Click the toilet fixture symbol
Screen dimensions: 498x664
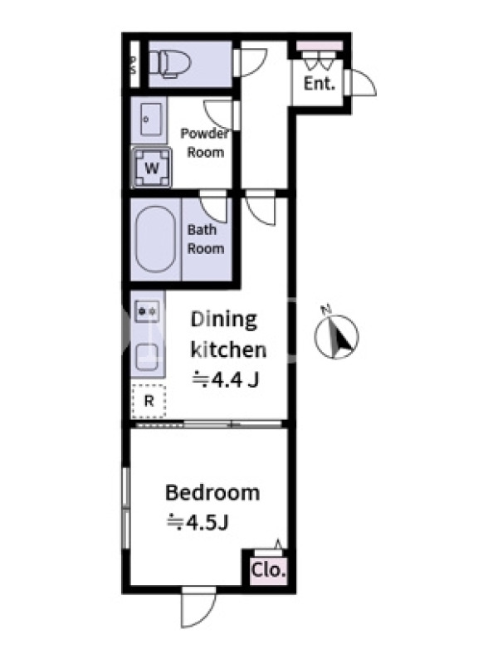(170, 64)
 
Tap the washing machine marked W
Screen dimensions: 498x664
(152, 168)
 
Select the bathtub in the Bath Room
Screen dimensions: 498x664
(155, 239)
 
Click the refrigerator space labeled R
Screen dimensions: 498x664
(149, 401)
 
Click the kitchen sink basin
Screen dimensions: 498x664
(148, 357)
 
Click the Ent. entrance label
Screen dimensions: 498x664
(320, 83)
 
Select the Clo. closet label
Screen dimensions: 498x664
(268, 570)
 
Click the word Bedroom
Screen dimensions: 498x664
(212, 492)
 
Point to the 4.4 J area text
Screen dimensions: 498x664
(225, 379)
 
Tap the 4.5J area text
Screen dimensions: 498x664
(198, 523)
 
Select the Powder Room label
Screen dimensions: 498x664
(205, 143)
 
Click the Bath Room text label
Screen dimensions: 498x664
(205, 239)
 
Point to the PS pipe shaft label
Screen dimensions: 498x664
(134, 65)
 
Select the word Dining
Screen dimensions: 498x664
(223, 320)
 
